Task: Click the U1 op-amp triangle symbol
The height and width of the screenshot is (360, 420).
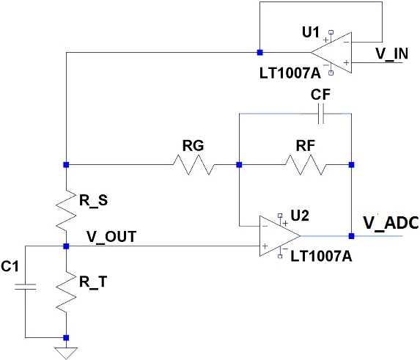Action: coord(331,53)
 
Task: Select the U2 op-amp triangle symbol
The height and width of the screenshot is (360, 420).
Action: coord(280,236)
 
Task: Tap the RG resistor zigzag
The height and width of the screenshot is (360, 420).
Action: coord(194,165)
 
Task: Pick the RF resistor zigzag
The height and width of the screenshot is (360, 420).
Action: coord(306,165)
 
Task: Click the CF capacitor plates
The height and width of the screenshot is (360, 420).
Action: coord(321,114)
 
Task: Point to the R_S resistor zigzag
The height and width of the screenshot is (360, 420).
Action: coord(66,210)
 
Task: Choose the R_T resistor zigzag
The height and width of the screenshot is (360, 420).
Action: coord(66,292)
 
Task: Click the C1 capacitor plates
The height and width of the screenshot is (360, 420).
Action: coord(26,287)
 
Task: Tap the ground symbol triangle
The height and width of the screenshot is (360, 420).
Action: coord(66,353)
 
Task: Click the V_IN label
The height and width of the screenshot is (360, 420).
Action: coord(391,54)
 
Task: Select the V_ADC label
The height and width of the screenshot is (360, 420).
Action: coord(391,223)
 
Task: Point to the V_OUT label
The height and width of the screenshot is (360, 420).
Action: coord(111,237)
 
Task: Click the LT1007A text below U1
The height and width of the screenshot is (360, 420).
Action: coord(290,73)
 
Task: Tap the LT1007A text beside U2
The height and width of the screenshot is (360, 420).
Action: coord(321,256)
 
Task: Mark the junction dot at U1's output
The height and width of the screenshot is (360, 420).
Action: coord(259,53)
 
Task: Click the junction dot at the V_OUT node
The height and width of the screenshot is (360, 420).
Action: coord(66,246)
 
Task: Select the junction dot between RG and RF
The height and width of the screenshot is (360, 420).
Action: coord(239,165)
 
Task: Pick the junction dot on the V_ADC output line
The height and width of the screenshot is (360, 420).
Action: coord(351,236)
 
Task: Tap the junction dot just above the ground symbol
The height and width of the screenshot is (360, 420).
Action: coord(66,338)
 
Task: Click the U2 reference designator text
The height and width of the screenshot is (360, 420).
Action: coord(300,216)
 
